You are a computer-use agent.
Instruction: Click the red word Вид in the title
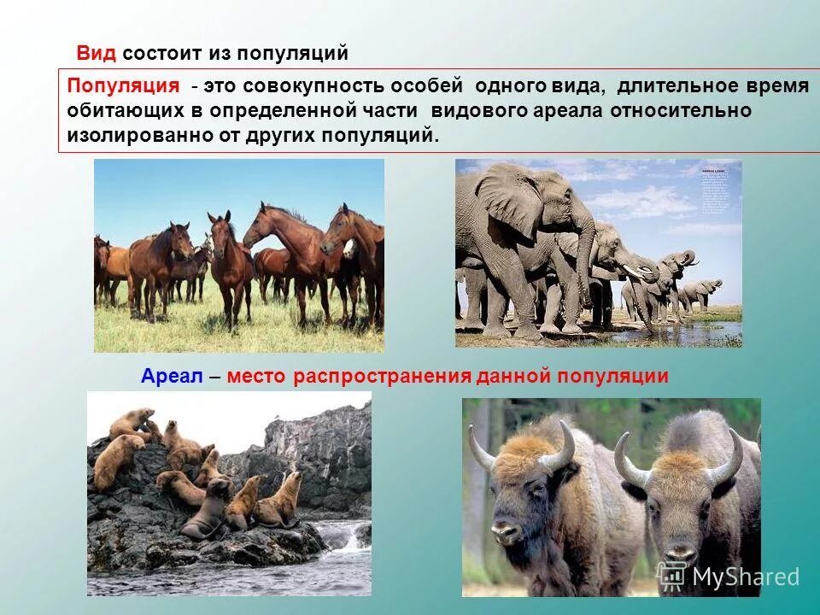point(97,53)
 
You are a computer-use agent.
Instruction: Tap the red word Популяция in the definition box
point(124,86)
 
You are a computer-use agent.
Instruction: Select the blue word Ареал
point(171,377)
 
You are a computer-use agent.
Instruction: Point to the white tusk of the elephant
point(633,272)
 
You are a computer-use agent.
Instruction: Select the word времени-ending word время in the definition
point(777,86)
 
